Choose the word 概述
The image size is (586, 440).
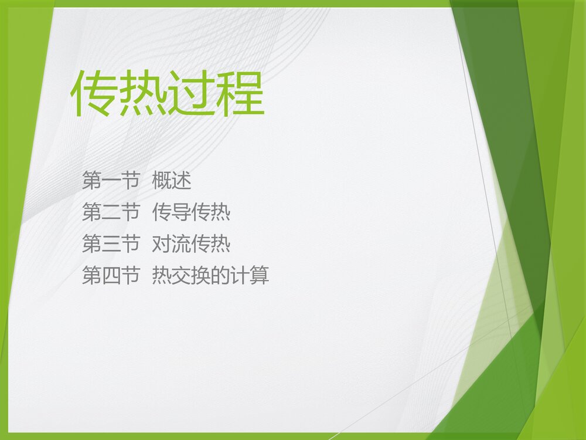(x=172, y=181)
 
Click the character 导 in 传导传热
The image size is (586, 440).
(x=182, y=212)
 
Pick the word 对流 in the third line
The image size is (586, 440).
(x=172, y=244)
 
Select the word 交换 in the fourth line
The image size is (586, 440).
(x=191, y=276)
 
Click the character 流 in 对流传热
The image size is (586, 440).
(x=182, y=244)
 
